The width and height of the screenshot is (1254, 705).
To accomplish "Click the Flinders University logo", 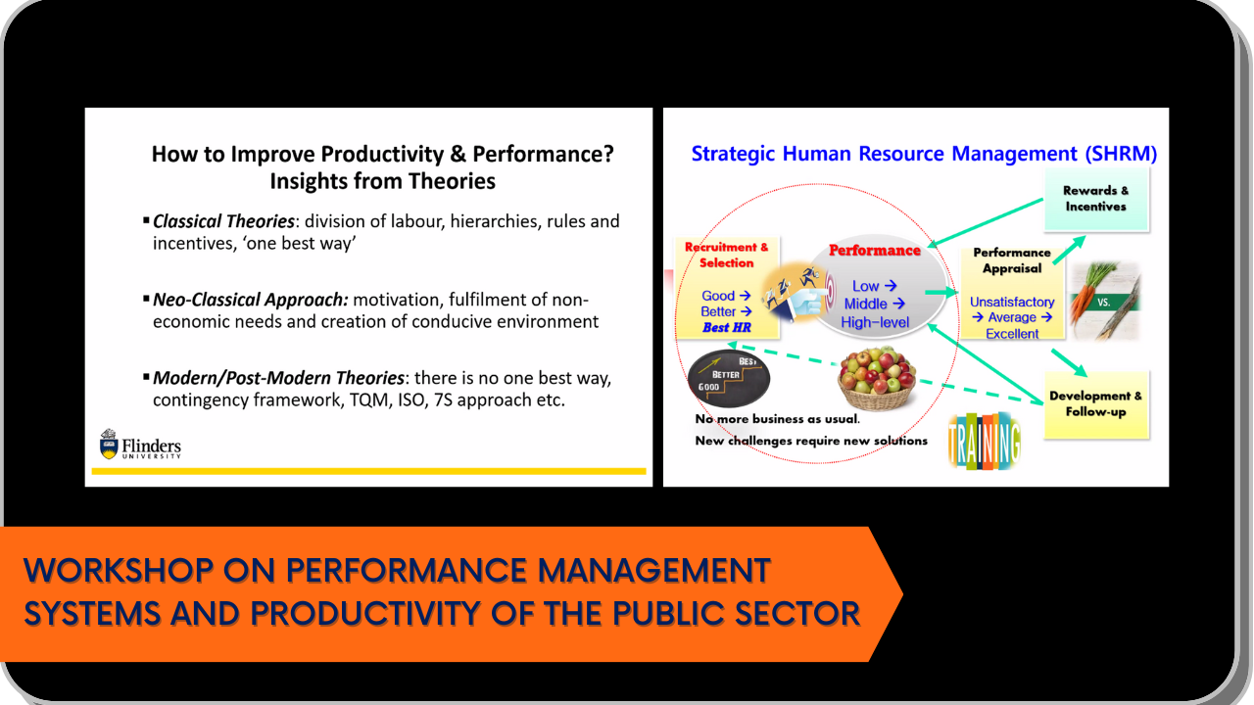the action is (x=140, y=445).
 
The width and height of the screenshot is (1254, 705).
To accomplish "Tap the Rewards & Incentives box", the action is (x=1096, y=199).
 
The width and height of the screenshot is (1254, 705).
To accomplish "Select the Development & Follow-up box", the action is (x=1096, y=404).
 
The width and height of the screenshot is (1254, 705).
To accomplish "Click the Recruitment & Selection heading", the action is (x=726, y=255).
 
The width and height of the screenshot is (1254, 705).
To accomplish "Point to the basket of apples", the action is (x=877, y=378).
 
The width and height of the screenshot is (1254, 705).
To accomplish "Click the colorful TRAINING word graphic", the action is (x=985, y=441).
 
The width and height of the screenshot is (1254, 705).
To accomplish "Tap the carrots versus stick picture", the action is (x=1105, y=301).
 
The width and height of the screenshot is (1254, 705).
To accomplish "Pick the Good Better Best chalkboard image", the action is (x=728, y=378).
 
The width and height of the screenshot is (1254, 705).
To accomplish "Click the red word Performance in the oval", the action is (x=875, y=250).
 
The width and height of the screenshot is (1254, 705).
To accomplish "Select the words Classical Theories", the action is (x=223, y=221).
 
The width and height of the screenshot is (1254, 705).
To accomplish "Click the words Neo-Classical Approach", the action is (x=250, y=300).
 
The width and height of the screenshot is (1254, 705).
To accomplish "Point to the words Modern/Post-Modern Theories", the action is (x=278, y=378).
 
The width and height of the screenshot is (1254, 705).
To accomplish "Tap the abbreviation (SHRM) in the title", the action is (x=1121, y=154).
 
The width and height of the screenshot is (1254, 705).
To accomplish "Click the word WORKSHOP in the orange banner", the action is (x=119, y=570).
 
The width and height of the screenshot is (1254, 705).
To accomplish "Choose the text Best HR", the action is (x=727, y=327).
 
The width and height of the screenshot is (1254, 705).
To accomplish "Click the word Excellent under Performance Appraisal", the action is (x=1012, y=334).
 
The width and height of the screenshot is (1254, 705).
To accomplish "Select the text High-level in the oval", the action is (x=875, y=322).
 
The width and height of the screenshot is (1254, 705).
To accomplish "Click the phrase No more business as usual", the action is (x=778, y=419).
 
